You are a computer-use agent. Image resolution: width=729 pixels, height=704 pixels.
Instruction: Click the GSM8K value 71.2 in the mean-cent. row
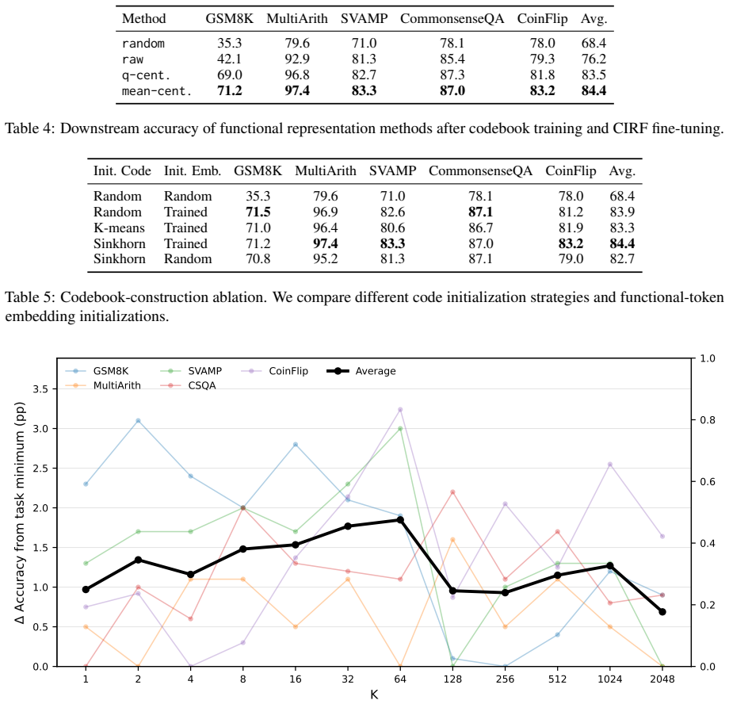[x=230, y=90]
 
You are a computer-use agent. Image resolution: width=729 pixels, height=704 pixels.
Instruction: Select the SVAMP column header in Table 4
[x=364, y=18]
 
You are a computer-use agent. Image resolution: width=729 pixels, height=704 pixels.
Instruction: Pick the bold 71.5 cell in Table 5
[x=258, y=212]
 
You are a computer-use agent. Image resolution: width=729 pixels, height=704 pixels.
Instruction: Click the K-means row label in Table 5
[x=119, y=228]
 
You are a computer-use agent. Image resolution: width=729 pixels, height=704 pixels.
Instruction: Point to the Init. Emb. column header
[x=193, y=171]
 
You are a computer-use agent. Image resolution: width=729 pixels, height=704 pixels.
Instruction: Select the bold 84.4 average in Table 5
[x=622, y=243]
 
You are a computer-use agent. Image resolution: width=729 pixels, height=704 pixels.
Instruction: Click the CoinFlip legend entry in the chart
[x=275, y=371]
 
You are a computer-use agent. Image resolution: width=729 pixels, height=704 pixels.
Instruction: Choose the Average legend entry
[x=361, y=371]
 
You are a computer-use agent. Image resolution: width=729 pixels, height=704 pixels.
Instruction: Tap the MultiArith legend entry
[x=103, y=385]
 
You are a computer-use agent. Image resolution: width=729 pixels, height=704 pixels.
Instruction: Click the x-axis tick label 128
[x=452, y=679]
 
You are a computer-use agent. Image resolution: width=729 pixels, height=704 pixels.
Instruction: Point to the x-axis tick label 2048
[x=662, y=679]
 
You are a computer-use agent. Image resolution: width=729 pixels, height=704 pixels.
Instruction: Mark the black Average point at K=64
[x=400, y=520]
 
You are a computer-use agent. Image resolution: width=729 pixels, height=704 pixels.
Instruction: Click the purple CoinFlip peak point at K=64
[x=400, y=409]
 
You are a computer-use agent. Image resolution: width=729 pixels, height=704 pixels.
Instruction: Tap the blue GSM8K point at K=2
[x=138, y=421]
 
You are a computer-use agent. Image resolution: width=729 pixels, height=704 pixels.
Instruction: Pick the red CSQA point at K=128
[x=452, y=492]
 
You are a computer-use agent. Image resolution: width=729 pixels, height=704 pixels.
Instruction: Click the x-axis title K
[x=374, y=694]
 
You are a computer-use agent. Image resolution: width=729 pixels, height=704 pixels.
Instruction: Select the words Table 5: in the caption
[x=30, y=297]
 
